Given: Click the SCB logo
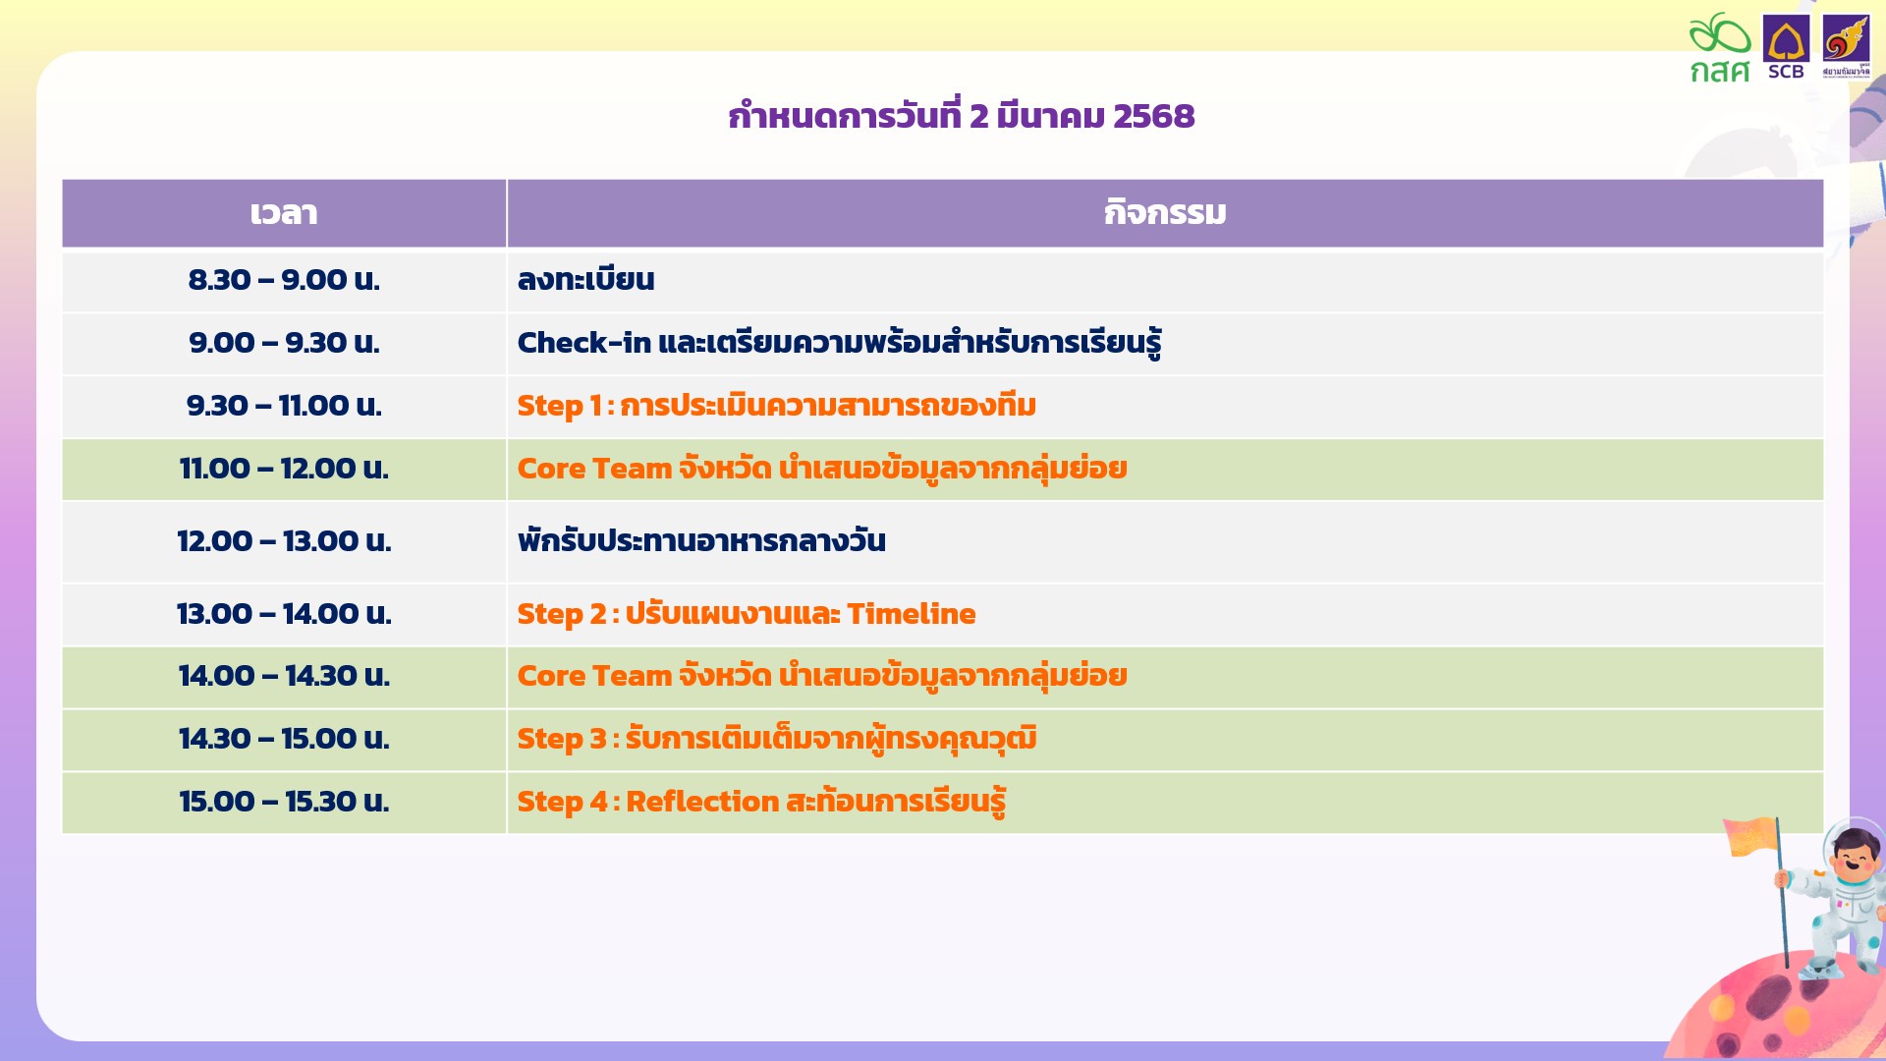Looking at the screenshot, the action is [x=1786, y=47].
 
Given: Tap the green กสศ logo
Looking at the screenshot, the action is [x=1720, y=47].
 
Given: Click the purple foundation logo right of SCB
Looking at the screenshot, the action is [x=1847, y=45].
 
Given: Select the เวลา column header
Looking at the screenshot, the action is [x=284, y=213].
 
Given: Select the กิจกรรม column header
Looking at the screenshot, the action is [x=1165, y=213].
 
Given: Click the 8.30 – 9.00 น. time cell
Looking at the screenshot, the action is [x=284, y=280].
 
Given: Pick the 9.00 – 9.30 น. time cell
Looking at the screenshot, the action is [x=284, y=343].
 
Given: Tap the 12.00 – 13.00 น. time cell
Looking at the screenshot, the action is [x=284, y=541].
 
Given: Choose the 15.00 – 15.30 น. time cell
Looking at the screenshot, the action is [x=284, y=802].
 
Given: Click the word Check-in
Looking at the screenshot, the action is [x=584, y=343].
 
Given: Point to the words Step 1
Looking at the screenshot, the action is [x=559, y=406].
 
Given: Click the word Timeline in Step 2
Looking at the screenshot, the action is [x=912, y=614].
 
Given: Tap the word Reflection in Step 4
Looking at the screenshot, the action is [x=702, y=802].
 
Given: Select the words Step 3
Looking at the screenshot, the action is [x=562, y=739].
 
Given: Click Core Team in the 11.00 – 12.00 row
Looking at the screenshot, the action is [x=594, y=469].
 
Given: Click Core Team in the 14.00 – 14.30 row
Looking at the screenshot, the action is [x=594, y=676].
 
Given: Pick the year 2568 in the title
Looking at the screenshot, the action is [x=1154, y=116].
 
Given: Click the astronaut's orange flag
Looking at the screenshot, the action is [x=1752, y=837].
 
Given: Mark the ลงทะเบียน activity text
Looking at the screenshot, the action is [x=585, y=280].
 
